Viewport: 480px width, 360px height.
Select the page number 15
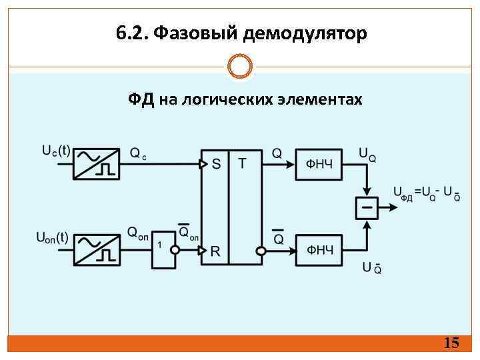(451, 343)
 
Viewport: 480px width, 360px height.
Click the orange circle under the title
(240, 66)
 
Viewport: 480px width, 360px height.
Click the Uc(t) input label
(56, 151)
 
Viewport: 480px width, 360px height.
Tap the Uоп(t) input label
(52, 237)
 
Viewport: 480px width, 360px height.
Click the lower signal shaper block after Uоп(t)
(95, 249)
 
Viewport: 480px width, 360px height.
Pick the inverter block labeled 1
(163, 249)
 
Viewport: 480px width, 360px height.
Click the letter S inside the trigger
(216, 164)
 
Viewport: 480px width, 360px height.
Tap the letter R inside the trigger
(215, 251)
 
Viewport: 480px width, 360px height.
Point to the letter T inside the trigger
(241, 163)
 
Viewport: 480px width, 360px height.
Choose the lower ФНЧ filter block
(319, 250)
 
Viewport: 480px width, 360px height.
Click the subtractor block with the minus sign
(366, 207)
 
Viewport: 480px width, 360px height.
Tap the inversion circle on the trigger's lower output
(261, 251)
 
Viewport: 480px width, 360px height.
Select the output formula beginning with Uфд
(426, 193)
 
